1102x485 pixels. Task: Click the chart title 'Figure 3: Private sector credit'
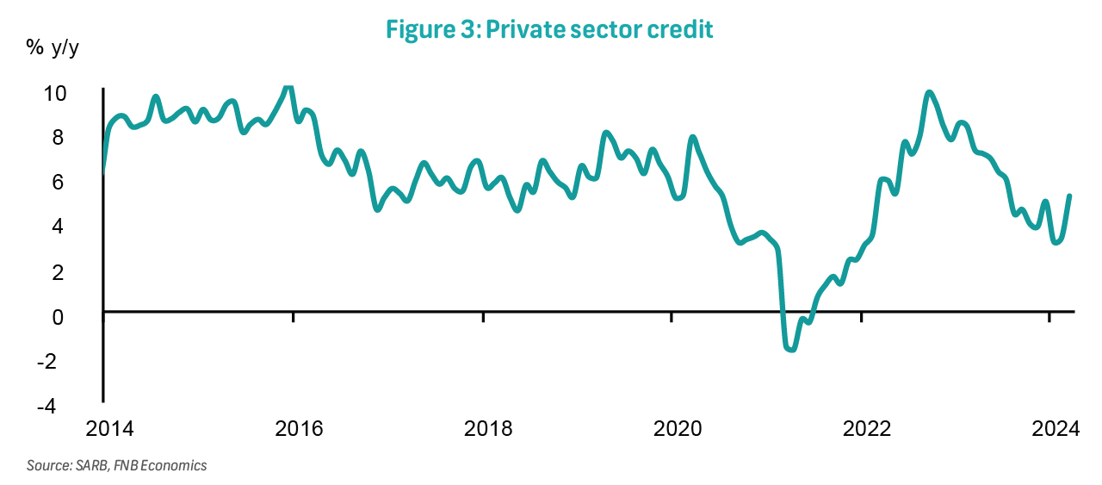[550, 30]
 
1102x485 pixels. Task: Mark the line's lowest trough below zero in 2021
[791, 349]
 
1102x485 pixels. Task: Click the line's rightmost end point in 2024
[1068, 196]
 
